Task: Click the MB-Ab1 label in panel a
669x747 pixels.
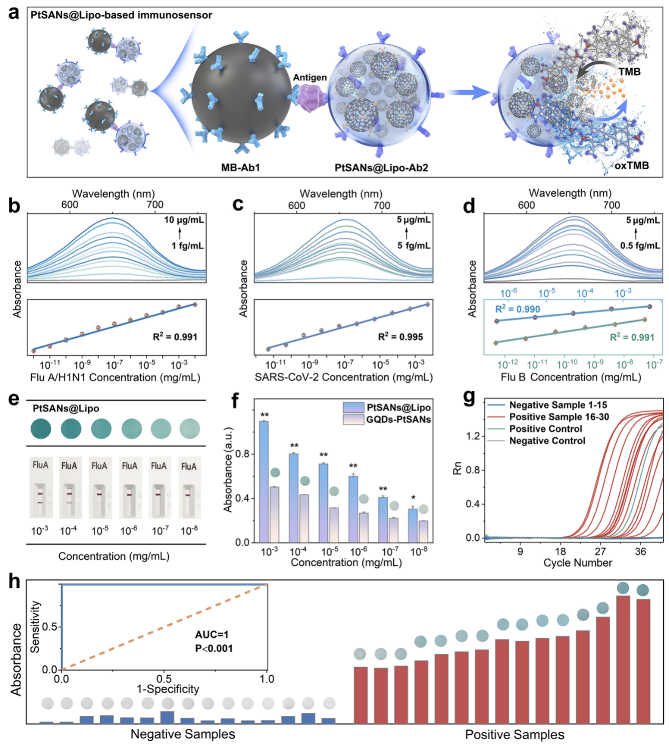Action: click(x=240, y=168)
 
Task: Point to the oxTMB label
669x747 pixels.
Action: click(x=631, y=166)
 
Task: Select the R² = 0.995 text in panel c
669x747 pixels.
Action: click(x=400, y=337)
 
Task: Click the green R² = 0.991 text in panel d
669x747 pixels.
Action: click(x=632, y=337)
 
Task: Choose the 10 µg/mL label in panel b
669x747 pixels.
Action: click(x=183, y=220)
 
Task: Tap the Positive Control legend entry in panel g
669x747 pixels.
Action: click(x=545, y=429)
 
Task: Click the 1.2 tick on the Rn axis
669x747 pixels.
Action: click(x=473, y=436)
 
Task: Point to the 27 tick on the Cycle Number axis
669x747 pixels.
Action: click(x=600, y=551)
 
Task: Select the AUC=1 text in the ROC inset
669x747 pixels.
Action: click(x=212, y=635)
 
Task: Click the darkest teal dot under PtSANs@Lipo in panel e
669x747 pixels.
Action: click(x=41, y=428)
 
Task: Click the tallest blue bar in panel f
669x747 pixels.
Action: click(x=264, y=481)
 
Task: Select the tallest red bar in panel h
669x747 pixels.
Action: click(x=623, y=659)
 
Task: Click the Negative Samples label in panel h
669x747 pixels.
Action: click(x=182, y=734)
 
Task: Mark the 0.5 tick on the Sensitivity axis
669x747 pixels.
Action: click(x=50, y=627)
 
